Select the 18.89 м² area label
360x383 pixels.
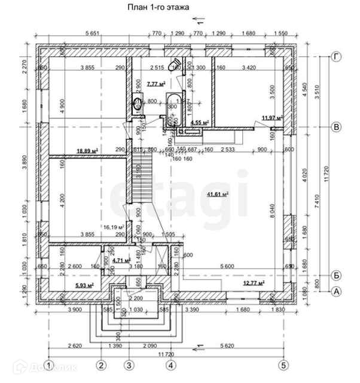click(87, 151)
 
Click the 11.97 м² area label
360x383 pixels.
click(271, 118)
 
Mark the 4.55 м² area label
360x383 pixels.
click(199, 122)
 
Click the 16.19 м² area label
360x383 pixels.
click(113, 227)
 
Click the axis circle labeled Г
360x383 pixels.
click(337, 56)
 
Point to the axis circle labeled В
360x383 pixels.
click(337, 127)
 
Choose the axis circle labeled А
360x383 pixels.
click(337, 291)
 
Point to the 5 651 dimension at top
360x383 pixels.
click(93, 32)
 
